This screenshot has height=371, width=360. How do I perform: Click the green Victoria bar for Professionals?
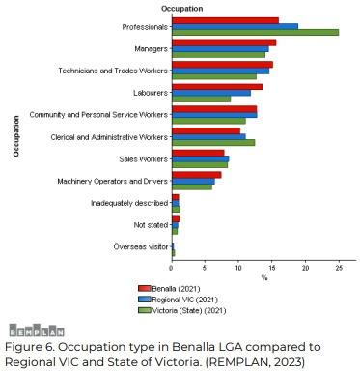pos(256,33)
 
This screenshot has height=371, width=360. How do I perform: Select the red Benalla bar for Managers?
pos(224,43)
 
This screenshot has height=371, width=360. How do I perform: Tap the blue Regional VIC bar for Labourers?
pos(211,93)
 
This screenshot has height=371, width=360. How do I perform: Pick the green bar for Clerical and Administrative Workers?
pos(213,143)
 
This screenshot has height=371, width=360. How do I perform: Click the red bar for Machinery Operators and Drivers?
pos(197,175)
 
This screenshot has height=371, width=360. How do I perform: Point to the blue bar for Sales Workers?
pos(201,158)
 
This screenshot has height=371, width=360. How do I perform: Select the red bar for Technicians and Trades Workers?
pos(223,65)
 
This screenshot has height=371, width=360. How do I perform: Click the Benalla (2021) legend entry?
pos(169,289)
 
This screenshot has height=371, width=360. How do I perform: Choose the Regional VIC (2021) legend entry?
pos(178,300)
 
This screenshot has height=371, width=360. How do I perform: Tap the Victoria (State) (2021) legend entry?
pos(182,310)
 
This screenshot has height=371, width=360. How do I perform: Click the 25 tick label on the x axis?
pos(339,268)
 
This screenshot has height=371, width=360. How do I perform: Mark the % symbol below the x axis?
pos(264,277)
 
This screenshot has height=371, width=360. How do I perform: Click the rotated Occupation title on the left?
pos(16,136)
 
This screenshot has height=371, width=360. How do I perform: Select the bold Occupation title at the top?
pos(182,9)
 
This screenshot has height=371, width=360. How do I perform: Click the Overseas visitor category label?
pos(141,247)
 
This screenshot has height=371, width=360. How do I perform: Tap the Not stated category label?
pos(151,225)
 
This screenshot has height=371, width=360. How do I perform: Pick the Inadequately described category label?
pos(129,203)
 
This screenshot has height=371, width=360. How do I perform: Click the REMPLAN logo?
pos(37,330)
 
